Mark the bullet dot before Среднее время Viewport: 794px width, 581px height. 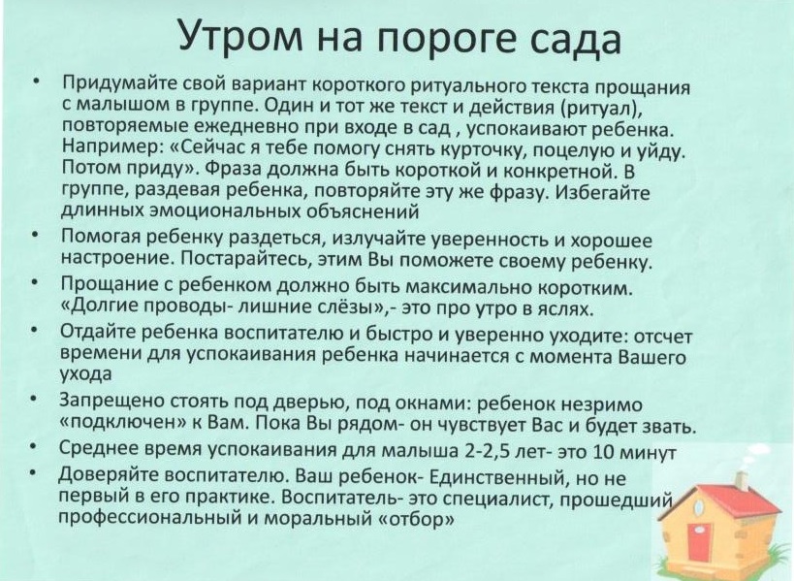coord(33,448)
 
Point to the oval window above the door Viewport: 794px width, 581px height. coord(700,506)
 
